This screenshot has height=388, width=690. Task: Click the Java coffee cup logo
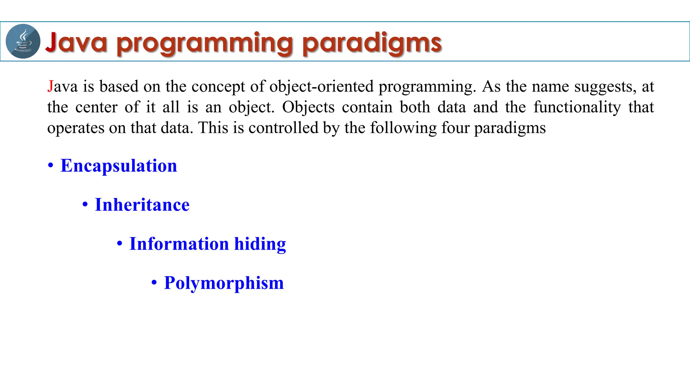23,41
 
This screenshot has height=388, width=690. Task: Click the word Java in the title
76,42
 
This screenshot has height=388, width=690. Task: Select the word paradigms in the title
372,44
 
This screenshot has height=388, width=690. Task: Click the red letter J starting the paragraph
50,87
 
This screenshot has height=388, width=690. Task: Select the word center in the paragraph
96,107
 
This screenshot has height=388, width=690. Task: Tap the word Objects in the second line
308,107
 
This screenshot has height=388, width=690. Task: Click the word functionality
577,107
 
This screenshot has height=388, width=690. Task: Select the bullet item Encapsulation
119,166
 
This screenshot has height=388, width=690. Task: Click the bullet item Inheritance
142,205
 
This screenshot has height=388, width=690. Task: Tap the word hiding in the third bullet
260,244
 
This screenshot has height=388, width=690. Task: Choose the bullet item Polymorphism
224,283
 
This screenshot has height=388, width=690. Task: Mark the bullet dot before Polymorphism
154,283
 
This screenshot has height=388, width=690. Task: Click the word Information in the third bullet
179,244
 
